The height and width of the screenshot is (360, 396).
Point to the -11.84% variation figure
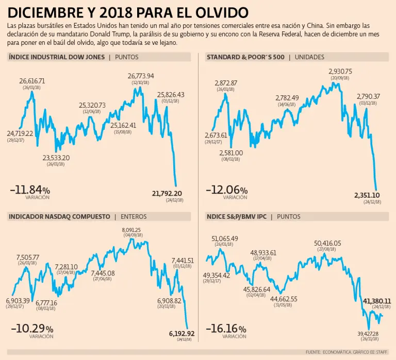pyautogui.click(x=30, y=190)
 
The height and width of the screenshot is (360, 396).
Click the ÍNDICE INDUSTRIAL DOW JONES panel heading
pyautogui.click(x=57, y=57)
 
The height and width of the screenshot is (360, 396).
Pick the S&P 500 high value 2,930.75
pyautogui.click(x=340, y=72)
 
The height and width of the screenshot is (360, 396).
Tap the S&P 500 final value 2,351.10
pyautogui.click(x=367, y=195)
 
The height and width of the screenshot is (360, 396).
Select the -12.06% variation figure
pyautogui.click(x=226, y=190)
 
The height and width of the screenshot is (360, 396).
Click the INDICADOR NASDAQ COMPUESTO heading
pyautogui.click(x=59, y=217)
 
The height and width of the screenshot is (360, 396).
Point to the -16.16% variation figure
pyautogui.click(x=226, y=329)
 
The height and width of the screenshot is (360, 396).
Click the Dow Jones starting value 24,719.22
pyautogui.click(x=20, y=133)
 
